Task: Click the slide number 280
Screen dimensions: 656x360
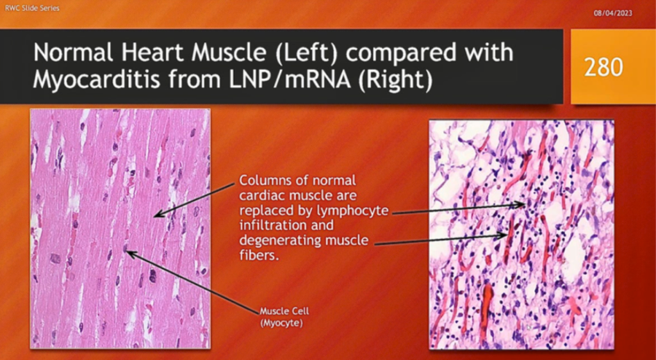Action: click(603, 67)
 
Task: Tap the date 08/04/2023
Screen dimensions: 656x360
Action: click(613, 13)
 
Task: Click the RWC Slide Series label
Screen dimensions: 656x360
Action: click(32, 8)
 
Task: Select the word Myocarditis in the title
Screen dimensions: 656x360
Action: click(97, 79)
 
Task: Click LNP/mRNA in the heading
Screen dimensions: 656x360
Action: click(289, 79)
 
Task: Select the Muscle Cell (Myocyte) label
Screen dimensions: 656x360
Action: click(284, 317)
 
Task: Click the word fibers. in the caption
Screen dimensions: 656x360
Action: click(259, 255)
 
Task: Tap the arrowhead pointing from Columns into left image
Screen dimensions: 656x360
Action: click(157, 215)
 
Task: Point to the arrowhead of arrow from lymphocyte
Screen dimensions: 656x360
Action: click(521, 205)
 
